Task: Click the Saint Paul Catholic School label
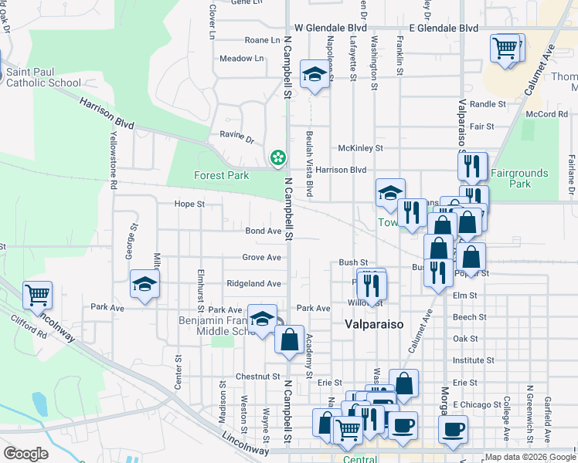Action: [42, 78]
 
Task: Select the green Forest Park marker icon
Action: [276, 157]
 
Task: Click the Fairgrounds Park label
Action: [518, 178]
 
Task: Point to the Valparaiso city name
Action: [373, 325]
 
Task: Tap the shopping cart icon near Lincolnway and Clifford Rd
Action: [37, 294]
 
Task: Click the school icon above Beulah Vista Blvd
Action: [314, 74]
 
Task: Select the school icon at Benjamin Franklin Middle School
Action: [263, 318]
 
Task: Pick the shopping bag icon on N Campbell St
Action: [289, 339]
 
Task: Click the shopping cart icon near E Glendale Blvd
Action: [505, 48]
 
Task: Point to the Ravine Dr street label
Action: [239, 140]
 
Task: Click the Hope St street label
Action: [189, 204]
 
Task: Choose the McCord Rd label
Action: [547, 114]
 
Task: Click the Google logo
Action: [26, 454]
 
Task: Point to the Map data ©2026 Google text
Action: [530, 458]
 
